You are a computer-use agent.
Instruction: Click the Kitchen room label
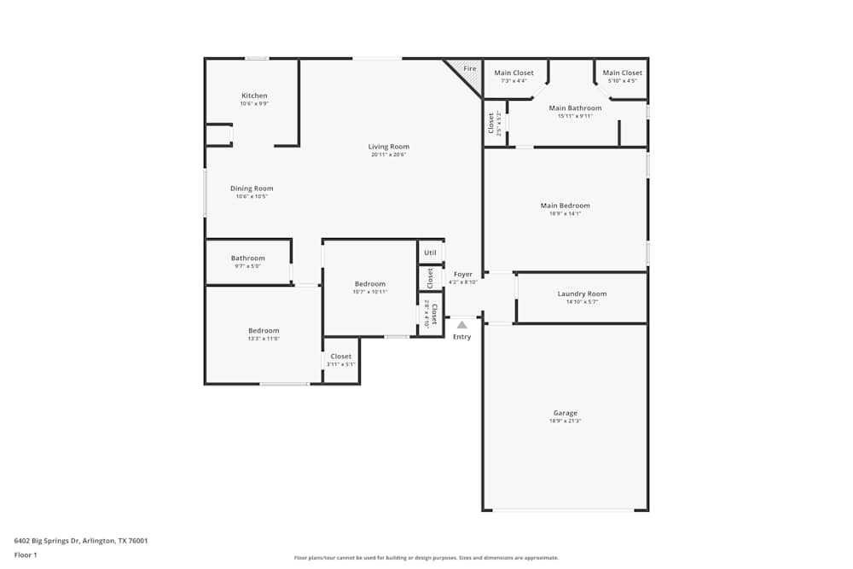(x=254, y=96)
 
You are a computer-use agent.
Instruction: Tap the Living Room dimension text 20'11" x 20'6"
(x=388, y=154)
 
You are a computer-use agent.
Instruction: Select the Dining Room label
(x=252, y=189)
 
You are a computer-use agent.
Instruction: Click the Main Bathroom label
(x=575, y=108)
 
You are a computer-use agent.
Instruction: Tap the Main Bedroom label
(x=565, y=206)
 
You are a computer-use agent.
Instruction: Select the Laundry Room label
(x=582, y=294)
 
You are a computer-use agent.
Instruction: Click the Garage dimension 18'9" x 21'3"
(x=565, y=421)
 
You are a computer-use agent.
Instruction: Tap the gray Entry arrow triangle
(x=461, y=324)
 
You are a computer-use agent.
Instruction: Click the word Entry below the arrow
(x=461, y=337)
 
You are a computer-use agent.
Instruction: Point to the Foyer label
(x=463, y=275)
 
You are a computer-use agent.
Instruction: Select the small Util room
(x=430, y=253)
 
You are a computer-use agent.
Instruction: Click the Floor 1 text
(x=26, y=554)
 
